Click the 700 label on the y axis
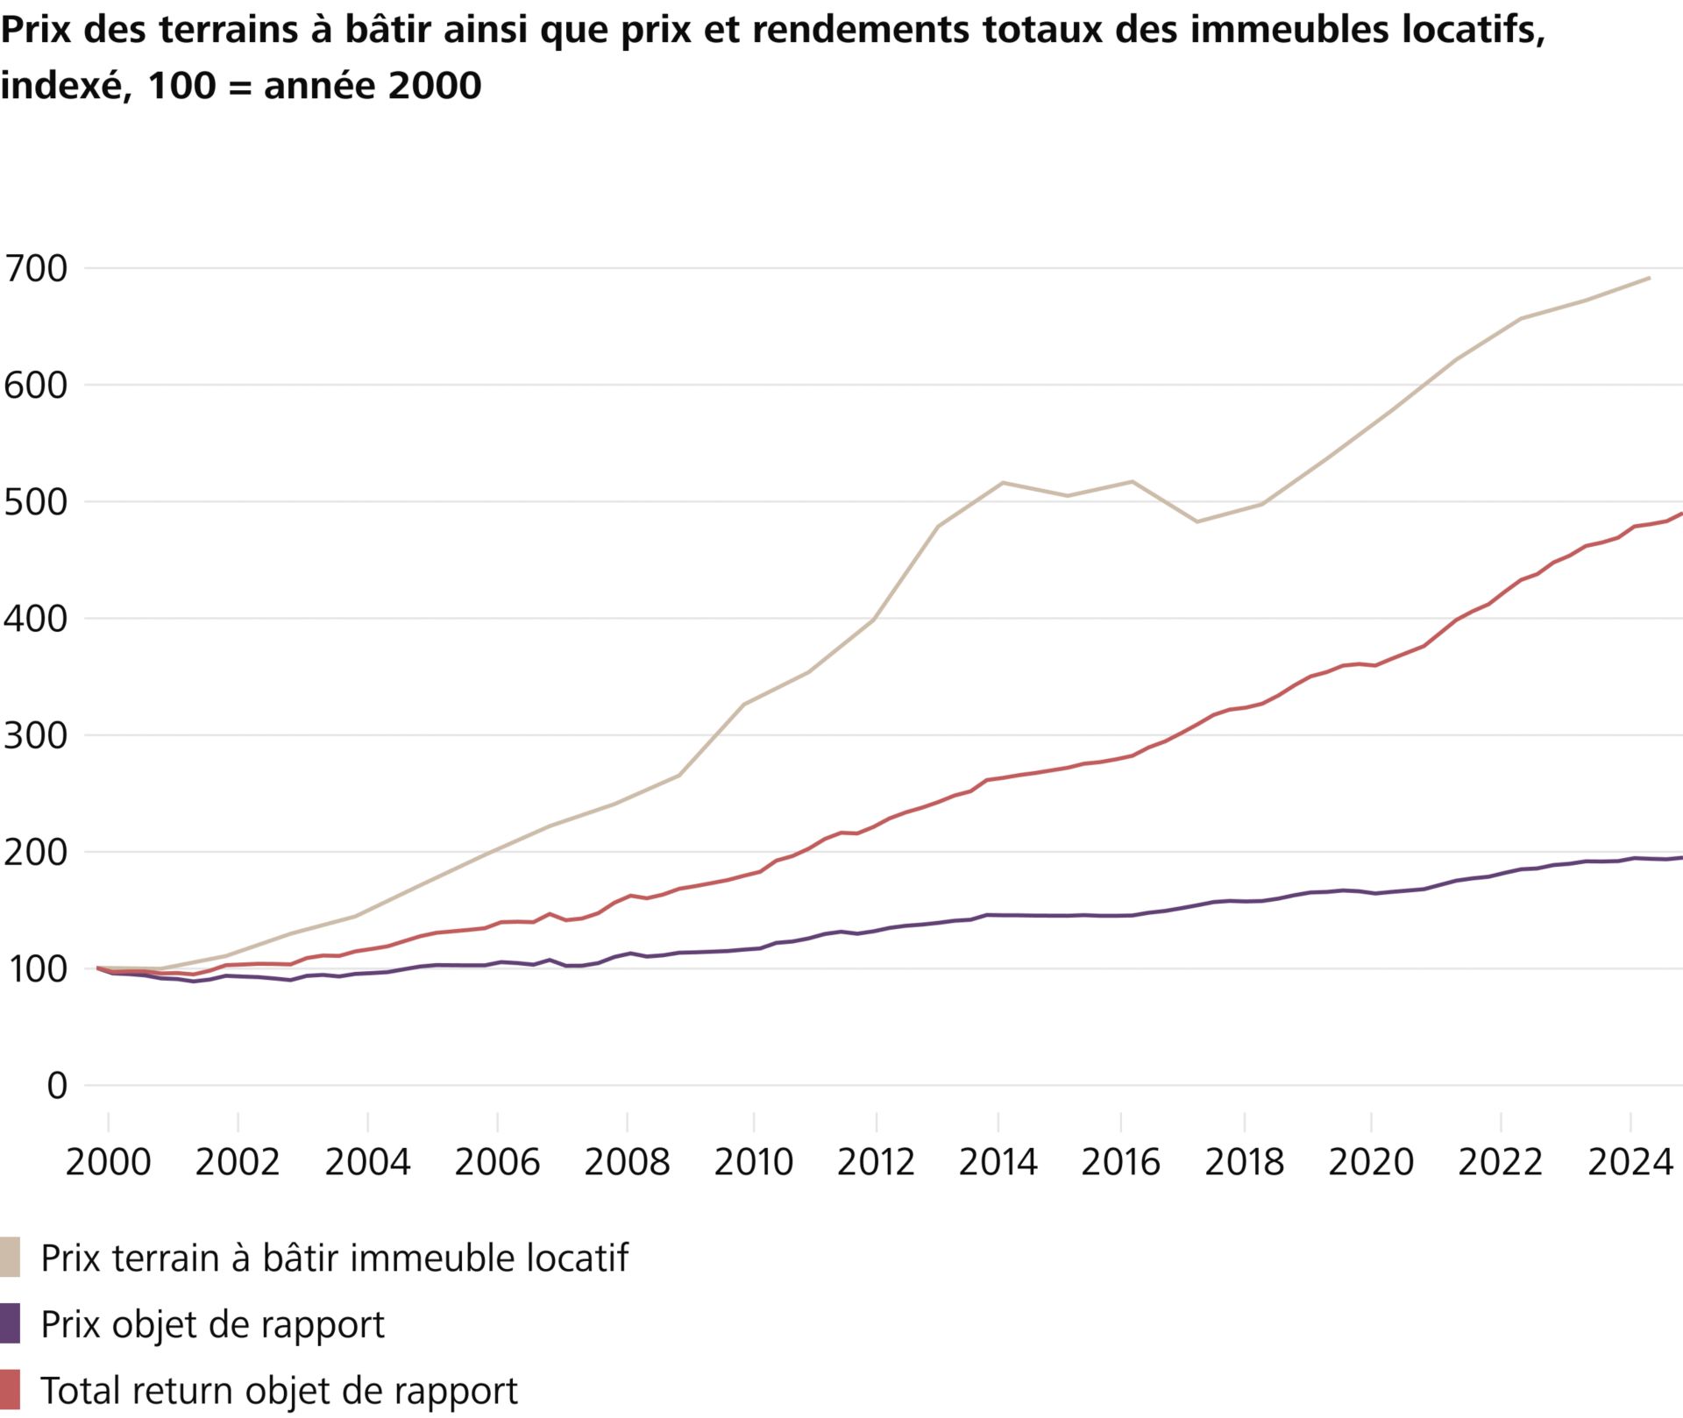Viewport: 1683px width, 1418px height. (35, 269)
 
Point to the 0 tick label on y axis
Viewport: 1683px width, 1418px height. (56, 1086)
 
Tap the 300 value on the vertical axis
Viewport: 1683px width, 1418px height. (35, 736)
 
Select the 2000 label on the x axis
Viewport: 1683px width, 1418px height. (108, 1163)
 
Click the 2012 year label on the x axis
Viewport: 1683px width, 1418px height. (876, 1163)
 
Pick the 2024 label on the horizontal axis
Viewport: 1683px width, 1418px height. (1630, 1163)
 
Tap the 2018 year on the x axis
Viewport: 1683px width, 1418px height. (1244, 1163)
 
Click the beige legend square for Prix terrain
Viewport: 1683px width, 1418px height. (10, 1258)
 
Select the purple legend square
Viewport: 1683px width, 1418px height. (10, 1324)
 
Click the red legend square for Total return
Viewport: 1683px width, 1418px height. (10, 1390)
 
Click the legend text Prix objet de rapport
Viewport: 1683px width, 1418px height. (213, 1324)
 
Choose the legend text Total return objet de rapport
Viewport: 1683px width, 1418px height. (280, 1391)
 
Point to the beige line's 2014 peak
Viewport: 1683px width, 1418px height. (1003, 483)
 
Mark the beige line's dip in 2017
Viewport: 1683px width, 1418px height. (1197, 522)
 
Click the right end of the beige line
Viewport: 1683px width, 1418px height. (1650, 278)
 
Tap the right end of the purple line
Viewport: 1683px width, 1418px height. (1680, 858)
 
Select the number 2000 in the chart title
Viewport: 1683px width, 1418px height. (434, 86)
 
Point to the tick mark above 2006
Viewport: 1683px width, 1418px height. (498, 1122)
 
